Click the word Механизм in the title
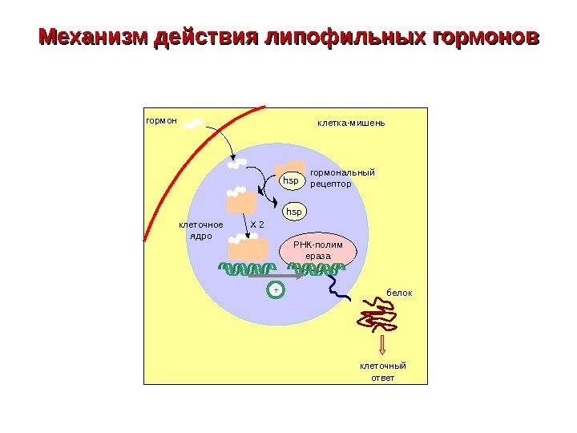pos(95,38)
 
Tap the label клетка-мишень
pos(351,123)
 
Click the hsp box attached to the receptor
pos(291,181)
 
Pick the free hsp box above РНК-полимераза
pos(296,212)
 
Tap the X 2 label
pos(257,224)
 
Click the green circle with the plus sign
pos(275,289)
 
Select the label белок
pos(399,293)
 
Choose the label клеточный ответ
pos(382,371)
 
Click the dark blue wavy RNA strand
pos(341,288)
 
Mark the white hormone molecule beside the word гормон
pos(193,124)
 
